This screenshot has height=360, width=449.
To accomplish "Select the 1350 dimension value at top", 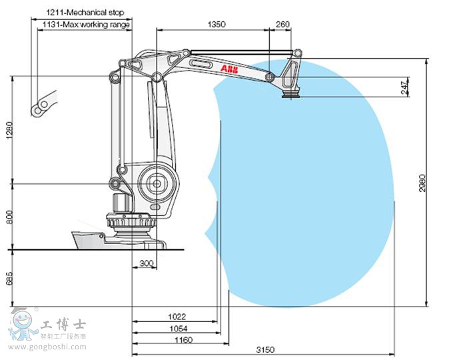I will tap(217, 24).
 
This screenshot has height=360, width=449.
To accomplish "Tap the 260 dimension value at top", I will tap(282, 24).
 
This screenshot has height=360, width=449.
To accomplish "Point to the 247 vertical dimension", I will tap(405, 87).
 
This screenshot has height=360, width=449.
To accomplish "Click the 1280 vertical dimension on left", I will tap(9, 131).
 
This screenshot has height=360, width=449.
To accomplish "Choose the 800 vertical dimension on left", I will tap(9, 217).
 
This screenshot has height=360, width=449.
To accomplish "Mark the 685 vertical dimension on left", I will tap(9, 279).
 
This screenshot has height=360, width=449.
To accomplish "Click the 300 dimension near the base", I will tap(146, 263).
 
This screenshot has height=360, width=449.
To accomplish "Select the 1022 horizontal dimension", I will tap(177, 317).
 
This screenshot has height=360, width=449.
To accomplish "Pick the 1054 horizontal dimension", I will tap(177, 328).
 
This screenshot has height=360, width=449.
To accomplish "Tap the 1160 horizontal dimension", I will tap(183, 340).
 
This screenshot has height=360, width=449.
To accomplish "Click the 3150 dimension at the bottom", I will tap(264, 350).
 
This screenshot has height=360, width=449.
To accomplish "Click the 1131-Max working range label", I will tap(86, 25).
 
